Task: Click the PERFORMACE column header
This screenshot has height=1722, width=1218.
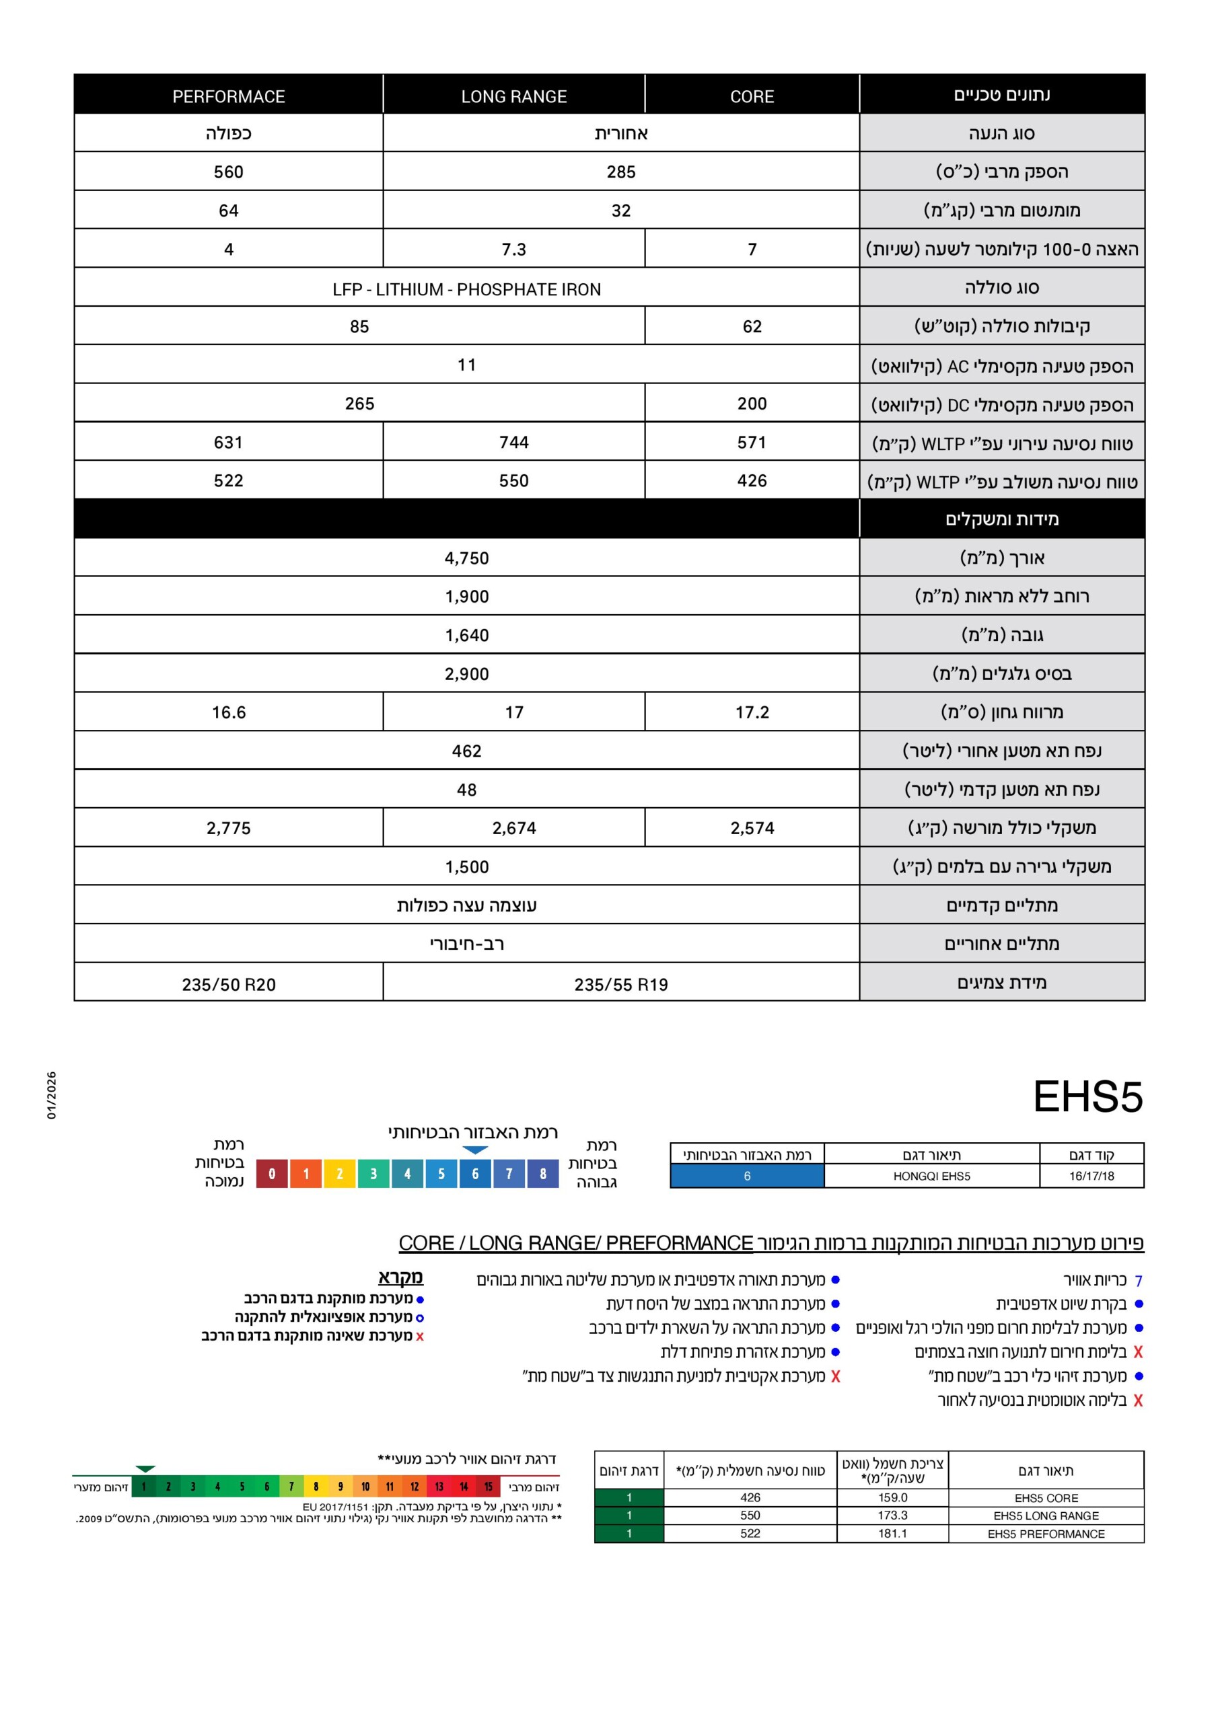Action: pyautogui.click(x=228, y=97)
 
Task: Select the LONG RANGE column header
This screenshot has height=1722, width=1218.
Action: pyautogui.click(x=513, y=97)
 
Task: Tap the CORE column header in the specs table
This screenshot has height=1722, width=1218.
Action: pyautogui.click(x=751, y=97)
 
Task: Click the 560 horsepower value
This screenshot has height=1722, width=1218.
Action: pyautogui.click(x=228, y=172)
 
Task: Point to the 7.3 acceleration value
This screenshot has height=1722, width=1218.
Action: pyautogui.click(x=513, y=249)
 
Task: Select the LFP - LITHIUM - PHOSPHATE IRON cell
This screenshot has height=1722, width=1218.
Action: pyautogui.click(x=466, y=289)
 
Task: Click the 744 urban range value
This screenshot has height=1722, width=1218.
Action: pyautogui.click(x=513, y=443)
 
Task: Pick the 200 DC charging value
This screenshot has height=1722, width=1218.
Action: pyautogui.click(x=751, y=404)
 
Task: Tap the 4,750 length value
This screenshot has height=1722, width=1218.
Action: pyautogui.click(x=466, y=558)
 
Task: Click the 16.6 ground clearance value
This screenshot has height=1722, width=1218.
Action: pyautogui.click(x=228, y=712)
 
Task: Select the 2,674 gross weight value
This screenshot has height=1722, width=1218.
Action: pyautogui.click(x=513, y=828)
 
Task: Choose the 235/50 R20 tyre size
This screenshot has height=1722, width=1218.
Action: pyautogui.click(x=228, y=985)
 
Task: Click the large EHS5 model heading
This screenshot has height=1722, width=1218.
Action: pyautogui.click(x=1087, y=1097)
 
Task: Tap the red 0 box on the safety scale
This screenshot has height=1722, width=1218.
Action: pyautogui.click(x=272, y=1174)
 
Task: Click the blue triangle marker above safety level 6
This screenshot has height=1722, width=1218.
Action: pyautogui.click(x=475, y=1150)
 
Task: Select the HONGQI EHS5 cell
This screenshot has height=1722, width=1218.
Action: pyautogui.click(x=931, y=1176)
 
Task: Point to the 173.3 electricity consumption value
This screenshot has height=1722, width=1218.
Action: pyautogui.click(x=892, y=1515)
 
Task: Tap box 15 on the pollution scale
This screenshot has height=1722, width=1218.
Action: pyautogui.click(x=488, y=1487)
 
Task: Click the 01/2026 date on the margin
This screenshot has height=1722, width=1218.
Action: pyautogui.click(x=52, y=1095)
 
